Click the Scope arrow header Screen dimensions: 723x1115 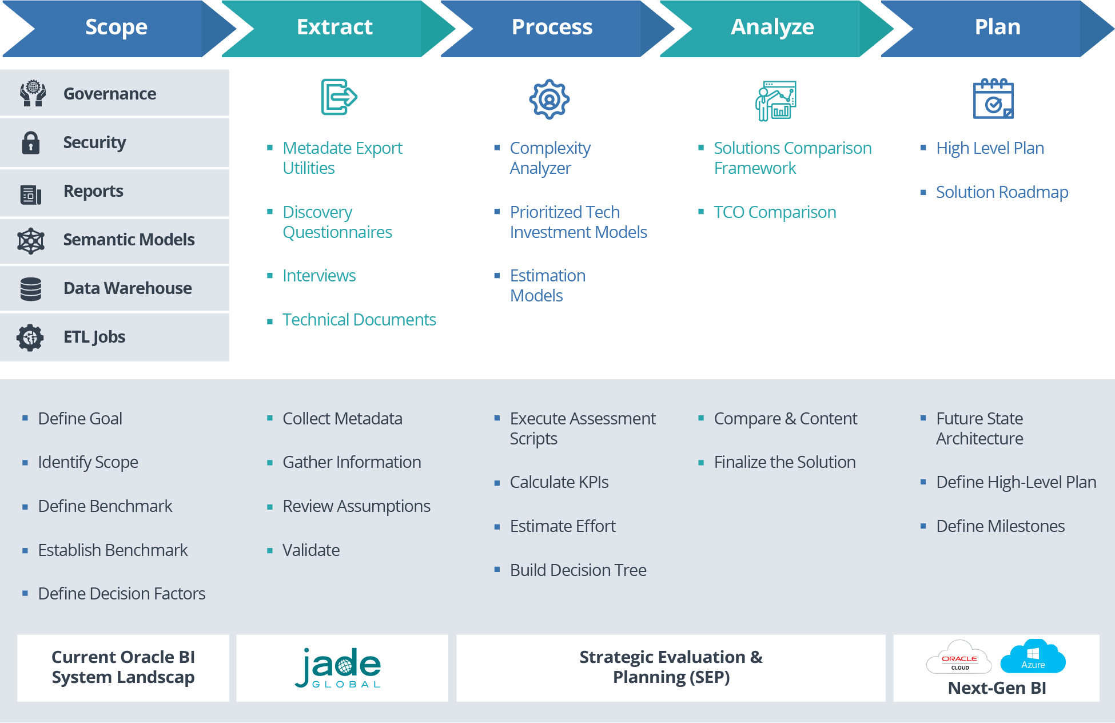pyautogui.click(x=116, y=27)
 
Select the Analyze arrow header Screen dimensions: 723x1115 pyautogui.click(x=772, y=27)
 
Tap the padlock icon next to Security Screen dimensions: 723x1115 pyautogui.click(x=31, y=143)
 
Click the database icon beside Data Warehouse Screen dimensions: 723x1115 pyautogui.click(x=31, y=289)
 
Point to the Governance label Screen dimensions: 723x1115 pyautogui.click(x=109, y=94)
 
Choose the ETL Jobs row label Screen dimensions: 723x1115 pyautogui.click(x=94, y=337)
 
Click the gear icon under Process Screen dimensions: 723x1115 pyautogui.click(x=549, y=100)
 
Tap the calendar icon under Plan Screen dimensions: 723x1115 pyautogui.click(x=993, y=100)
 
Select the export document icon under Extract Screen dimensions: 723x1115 pyautogui.click(x=339, y=97)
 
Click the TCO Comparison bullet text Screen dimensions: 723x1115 pyautogui.click(x=774, y=212)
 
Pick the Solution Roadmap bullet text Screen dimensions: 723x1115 pyautogui.click(x=1002, y=192)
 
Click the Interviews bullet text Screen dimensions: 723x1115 pyautogui.click(x=319, y=276)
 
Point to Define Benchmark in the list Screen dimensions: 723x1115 pyautogui.click(x=105, y=506)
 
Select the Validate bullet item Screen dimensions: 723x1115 pyautogui.click(x=311, y=550)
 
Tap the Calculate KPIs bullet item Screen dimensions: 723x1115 pyautogui.click(x=559, y=482)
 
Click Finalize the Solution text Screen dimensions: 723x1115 pyautogui.click(x=785, y=462)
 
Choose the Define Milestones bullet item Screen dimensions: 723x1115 pyautogui.click(x=1000, y=526)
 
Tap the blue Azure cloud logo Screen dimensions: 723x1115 pyautogui.click(x=1033, y=657)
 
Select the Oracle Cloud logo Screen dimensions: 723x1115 pyautogui.click(x=959, y=658)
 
